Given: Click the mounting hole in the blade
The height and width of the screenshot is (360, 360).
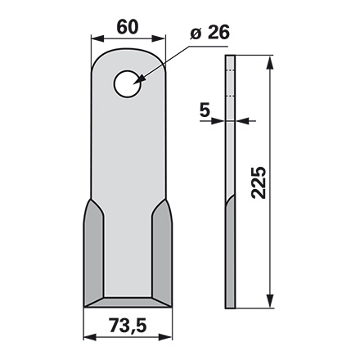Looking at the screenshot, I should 127,83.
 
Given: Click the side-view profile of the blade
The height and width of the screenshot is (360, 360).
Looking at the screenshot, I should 232,180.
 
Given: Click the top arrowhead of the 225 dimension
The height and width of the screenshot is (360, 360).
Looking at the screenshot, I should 268,59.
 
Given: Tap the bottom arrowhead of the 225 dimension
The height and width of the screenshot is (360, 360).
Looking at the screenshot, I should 268,304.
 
